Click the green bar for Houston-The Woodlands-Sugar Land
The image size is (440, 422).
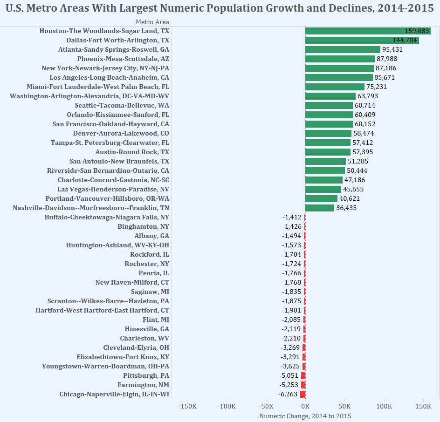coord(368,31)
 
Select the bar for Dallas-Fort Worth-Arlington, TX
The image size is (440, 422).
coord(362,40)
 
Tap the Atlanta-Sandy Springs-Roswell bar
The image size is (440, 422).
coord(343,49)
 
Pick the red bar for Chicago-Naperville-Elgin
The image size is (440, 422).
coord(302,394)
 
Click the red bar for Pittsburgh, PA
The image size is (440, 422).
coord(303,375)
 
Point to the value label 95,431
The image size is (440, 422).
coord(392,49)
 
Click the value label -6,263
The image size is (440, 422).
coord(289,394)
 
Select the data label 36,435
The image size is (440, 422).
coord(346,208)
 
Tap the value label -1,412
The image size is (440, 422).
coord(292,217)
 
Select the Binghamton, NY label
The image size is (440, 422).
coord(143,226)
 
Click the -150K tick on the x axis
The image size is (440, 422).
coord(187,406)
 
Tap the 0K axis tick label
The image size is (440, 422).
coord(305,406)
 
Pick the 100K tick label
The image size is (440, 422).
coord(384,406)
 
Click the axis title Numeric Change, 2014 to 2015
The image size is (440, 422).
coord(305,416)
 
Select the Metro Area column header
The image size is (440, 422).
coord(152,22)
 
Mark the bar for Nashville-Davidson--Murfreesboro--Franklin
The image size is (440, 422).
coord(320,208)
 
